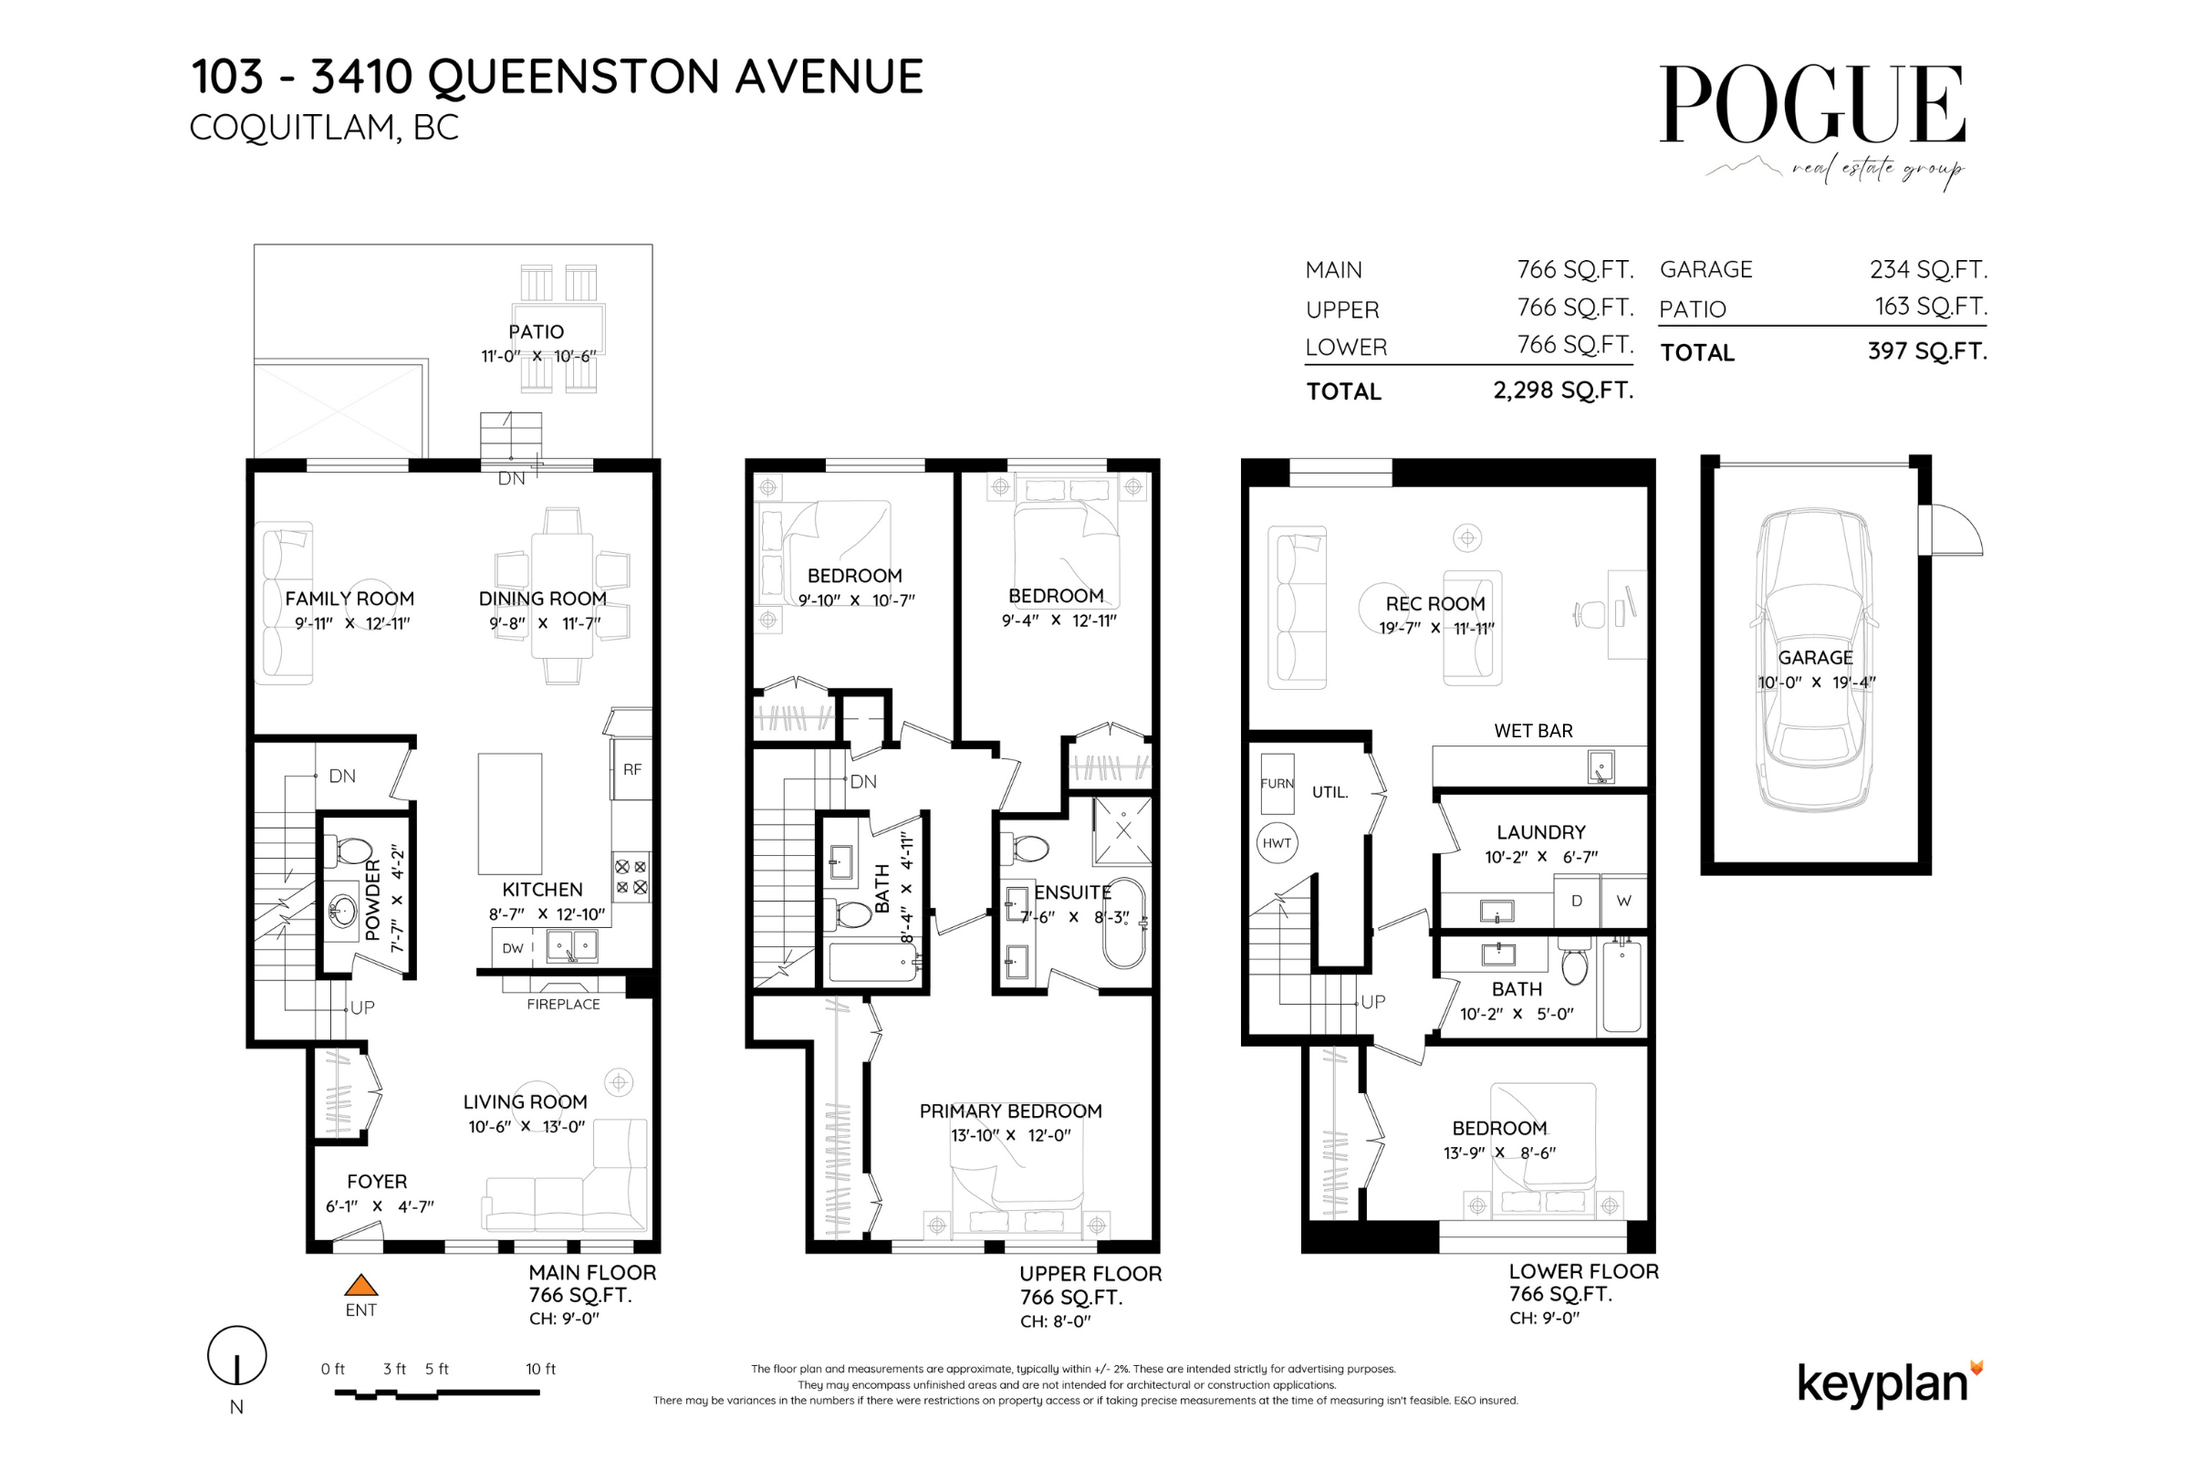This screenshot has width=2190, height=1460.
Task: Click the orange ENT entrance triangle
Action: [x=360, y=1286]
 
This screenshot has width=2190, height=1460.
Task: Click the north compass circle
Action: [x=236, y=1356]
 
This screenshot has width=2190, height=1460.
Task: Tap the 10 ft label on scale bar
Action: [x=540, y=1369]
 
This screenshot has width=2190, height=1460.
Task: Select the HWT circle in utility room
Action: [x=1277, y=843]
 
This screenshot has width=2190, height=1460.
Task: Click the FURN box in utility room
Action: [x=1277, y=784]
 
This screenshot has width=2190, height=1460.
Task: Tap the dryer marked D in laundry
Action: [x=1577, y=901]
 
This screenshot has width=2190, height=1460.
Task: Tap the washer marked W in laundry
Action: [x=1624, y=901]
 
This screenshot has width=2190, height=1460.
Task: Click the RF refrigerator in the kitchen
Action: [x=632, y=769]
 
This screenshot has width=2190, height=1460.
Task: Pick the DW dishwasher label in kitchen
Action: [x=512, y=948]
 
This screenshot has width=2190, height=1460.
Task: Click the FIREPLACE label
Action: [x=563, y=1004]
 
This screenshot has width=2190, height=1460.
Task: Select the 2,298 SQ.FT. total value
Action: [x=1563, y=391]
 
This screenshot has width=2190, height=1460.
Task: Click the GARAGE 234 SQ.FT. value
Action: [x=1927, y=269]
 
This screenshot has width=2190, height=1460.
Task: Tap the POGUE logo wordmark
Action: [x=1811, y=104]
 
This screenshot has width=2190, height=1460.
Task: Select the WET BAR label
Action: [x=1533, y=731]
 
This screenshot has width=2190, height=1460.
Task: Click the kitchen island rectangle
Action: [x=509, y=813]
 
